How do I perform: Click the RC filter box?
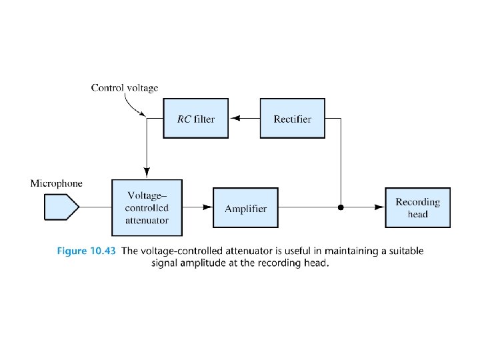196,119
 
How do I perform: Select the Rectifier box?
292,119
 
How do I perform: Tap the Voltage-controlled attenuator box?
147,207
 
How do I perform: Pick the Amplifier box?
245,208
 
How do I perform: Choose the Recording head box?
418,207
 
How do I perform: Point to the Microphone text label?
57,183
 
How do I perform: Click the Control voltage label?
125,87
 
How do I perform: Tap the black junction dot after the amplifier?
341,207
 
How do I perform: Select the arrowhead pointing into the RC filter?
234,119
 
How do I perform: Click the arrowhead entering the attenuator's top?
146,174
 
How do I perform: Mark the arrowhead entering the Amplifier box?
207,207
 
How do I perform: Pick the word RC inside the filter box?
184,119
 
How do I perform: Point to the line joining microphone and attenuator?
95,207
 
